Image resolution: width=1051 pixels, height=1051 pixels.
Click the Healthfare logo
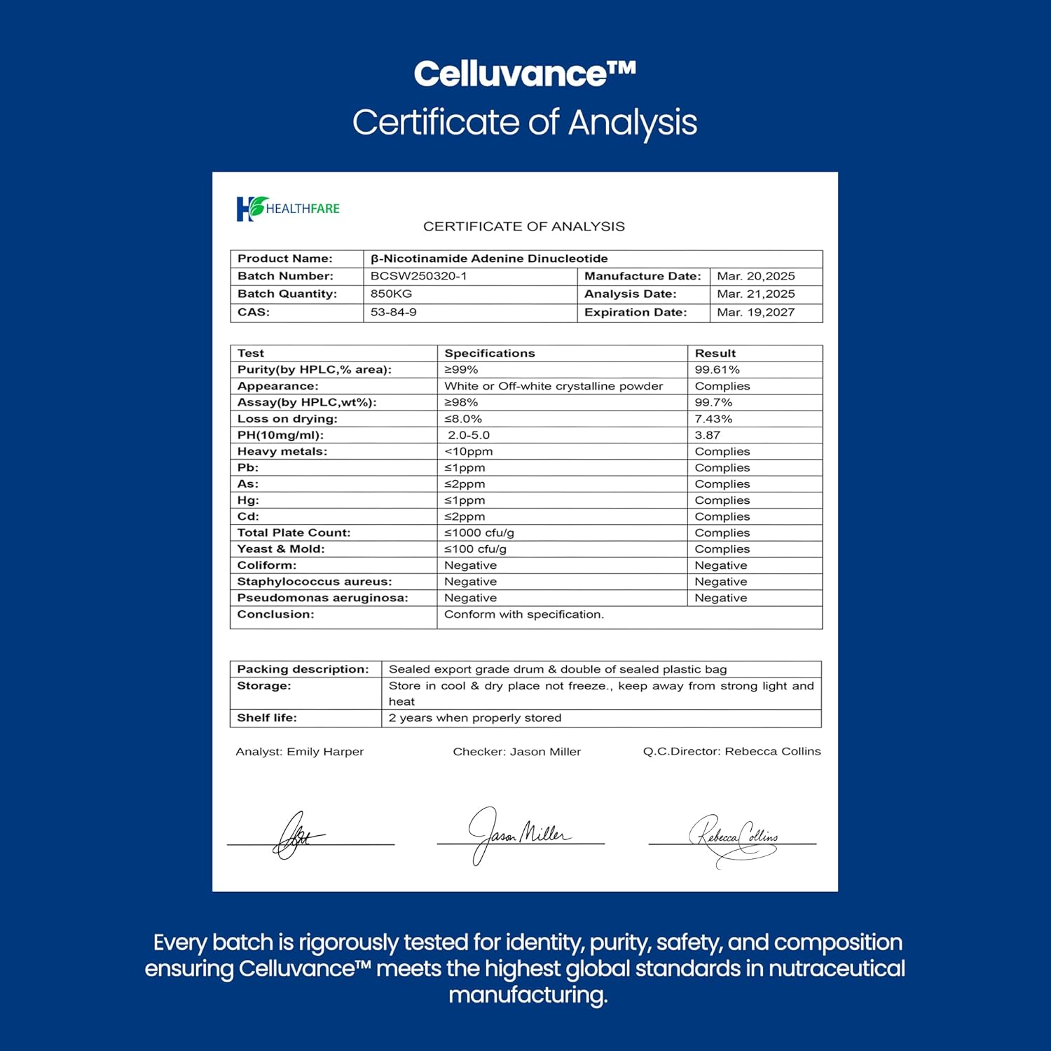pyautogui.click(x=288, y=208)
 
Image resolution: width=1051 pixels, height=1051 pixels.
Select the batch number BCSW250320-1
pyautogui.click(x=418, y=276)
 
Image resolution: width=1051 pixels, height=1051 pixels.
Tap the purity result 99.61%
pyautogui.click(x=717, y=370)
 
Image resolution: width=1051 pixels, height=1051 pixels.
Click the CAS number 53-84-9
pyautogui.click(x=393, y=312)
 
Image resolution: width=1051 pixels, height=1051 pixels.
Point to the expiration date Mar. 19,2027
pyautogui.click(x=755, y=312)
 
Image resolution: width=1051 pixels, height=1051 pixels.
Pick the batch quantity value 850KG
pyautogui.click(x=391, y=294)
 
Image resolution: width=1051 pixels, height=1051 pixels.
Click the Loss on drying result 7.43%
pyautogui.click(x=713, y=419)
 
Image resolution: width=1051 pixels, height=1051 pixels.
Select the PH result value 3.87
pyautogui.click(x=707, y=435)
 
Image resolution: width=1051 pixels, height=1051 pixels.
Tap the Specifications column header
pyautogui.click(x=489, y=354)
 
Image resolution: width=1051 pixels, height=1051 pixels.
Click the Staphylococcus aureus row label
pyautogui.click(x=314, y=582)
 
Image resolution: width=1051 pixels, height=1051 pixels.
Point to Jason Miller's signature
pyautogui.click(x=518, y=834)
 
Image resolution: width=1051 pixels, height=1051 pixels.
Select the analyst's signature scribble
pyautogui.click(x=298, y=836)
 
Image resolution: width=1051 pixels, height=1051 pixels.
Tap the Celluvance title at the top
pyautogui.click(x=524, y=74)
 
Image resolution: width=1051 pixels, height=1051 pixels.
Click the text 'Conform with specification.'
pyautogui.click(x=523, y=614)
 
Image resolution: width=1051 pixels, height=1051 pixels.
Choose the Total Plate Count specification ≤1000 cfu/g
pyautogui.click(x=479, y=533)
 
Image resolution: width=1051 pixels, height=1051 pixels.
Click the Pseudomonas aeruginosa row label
pyautogui.click(x=322, y=598)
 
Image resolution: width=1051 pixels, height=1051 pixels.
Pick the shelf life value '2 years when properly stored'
pyautogui.click(x=474, y=718)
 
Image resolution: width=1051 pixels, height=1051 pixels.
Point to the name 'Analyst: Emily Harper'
pyautogui.click(x=299, y=752)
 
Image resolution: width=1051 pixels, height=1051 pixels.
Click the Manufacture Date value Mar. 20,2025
pyautogui.click(x=755, y=276)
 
